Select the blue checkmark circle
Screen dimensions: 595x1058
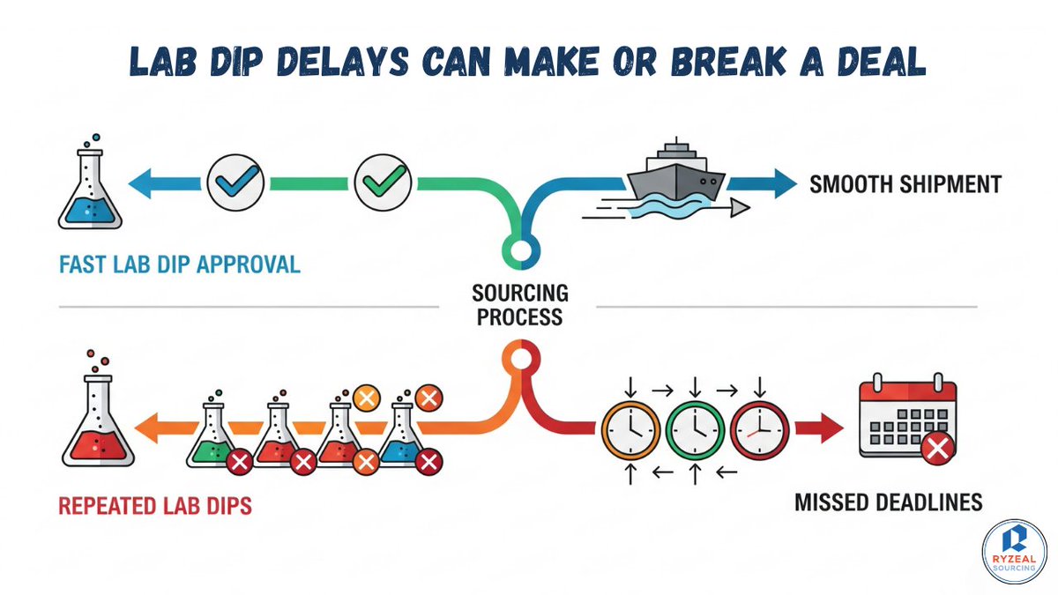pos(235,183)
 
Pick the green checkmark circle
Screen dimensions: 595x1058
pos(382,183)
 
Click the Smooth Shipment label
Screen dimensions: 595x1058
pos(905,184)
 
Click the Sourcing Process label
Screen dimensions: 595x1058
pos(519,304)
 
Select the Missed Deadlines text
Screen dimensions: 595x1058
pos(888,502)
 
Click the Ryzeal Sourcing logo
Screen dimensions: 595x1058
pos(1013,548)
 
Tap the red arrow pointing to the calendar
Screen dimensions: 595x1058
pos(818,429)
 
